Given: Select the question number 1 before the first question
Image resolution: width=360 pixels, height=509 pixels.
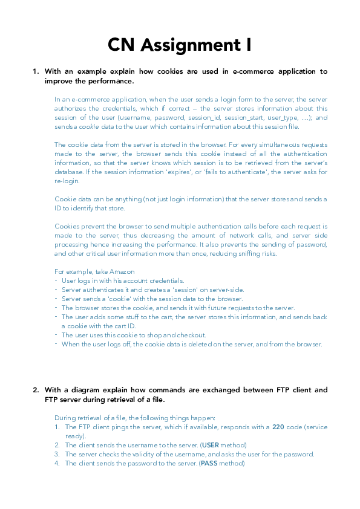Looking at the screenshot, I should click(x=35, y=71).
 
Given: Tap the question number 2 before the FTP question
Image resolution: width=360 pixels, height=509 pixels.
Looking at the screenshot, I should click(x=35, y=390).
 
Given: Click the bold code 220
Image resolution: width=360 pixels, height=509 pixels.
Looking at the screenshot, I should click(x=278, y=427).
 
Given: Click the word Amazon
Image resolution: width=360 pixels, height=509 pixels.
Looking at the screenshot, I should click(x=123, y=271).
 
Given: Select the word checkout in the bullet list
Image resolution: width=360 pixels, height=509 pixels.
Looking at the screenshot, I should click(x=191, y=335).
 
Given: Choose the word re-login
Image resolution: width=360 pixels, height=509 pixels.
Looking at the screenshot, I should click(x=67, y=181).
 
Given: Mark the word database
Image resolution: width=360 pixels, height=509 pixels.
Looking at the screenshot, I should click(x=69, y=172).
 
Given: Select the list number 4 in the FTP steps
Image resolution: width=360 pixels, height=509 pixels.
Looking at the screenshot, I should click(x=57, y=463).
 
